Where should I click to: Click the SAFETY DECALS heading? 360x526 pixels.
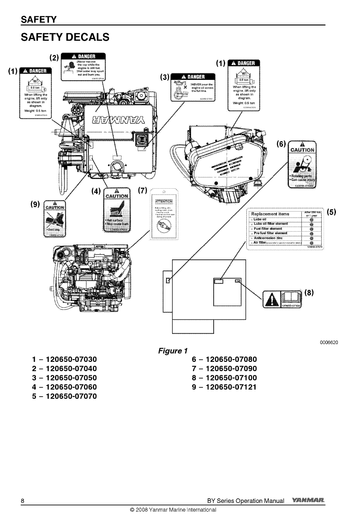(65, 37)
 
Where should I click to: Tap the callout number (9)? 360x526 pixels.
(36, 204)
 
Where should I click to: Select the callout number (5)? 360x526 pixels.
(332, 212)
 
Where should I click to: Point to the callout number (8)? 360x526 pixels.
(309, 293)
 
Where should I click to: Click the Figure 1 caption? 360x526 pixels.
(172, 351)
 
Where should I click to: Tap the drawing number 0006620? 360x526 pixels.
(329, 342)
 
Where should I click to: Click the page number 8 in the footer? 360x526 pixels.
(23, 501)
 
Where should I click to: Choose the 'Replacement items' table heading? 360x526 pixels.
(270, 214)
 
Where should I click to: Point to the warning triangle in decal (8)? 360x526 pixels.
(271, 299)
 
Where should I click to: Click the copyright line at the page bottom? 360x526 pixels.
(173, 509)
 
